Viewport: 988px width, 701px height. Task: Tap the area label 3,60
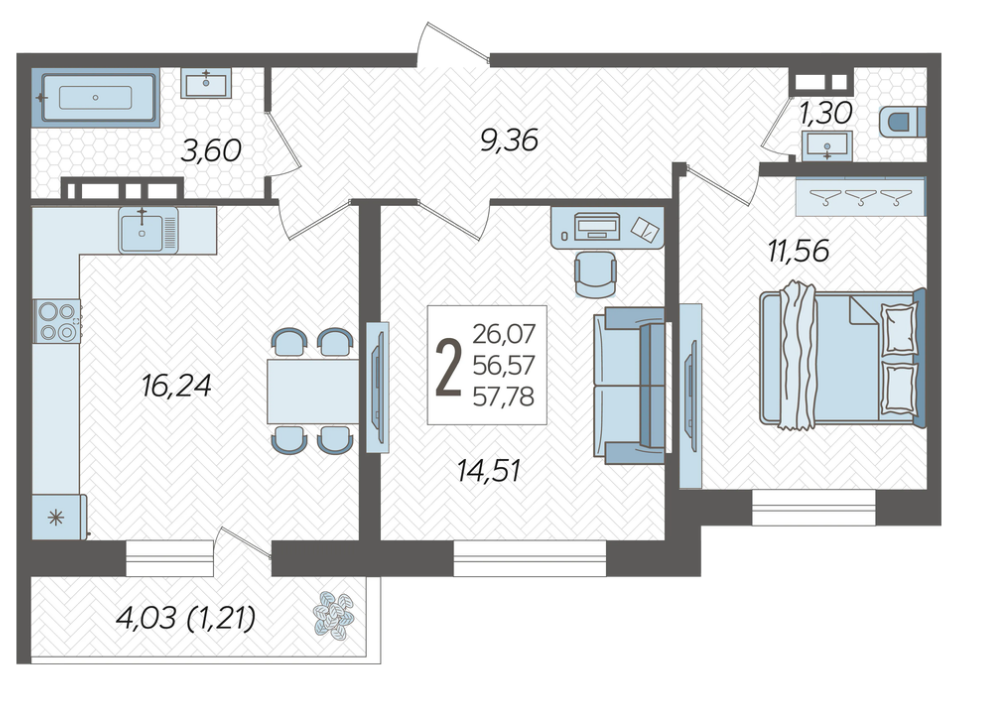[x=211, y=151]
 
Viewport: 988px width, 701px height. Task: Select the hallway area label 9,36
[x=509, y=140]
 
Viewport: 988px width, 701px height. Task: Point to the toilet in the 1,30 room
[x=902, y=121]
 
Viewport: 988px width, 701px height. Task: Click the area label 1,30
[x=825, y=113]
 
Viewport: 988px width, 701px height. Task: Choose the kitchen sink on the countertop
[x=149, y=231]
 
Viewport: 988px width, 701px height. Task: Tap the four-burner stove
[x=57, y=321]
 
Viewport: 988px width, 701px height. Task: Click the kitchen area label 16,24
[x=176, y=385]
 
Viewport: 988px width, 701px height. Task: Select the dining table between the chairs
[x=313, y=391]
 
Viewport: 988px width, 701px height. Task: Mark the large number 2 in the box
[x=449, y=368]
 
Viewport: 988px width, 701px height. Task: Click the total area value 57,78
[x=503, y=397]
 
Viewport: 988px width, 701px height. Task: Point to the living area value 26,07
[x=503, y=334]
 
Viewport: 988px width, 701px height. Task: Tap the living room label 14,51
[x=489, y=470]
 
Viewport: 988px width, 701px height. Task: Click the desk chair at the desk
[x=595, y=274]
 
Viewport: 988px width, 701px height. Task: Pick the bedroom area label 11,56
[x=798, y=251]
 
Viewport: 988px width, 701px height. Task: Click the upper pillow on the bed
[x=899, y=328]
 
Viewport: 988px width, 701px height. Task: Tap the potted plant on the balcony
[x=334, y=615]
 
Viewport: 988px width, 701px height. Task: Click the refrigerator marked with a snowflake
[x=59, y=517]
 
